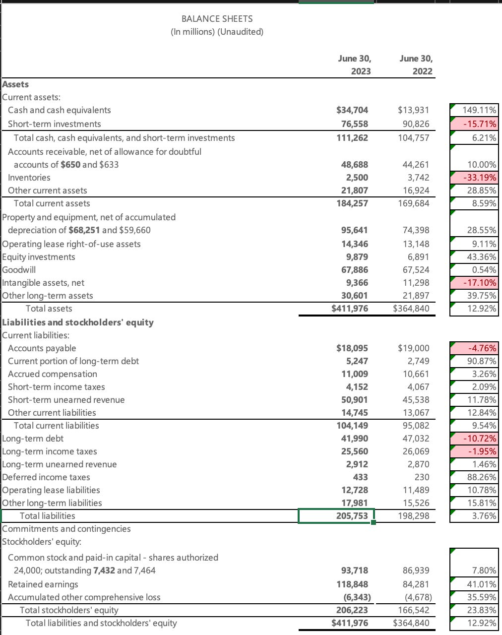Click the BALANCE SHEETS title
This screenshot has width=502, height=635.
[x=217, y=19]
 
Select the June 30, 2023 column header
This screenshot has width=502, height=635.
[x=354, y=64]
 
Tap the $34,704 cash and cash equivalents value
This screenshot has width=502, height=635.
[x=352, y=110]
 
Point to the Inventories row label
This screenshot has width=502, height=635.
[x=29, y=178]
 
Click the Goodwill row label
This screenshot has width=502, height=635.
[x=19, y=270]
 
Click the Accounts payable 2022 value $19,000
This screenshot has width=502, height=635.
[x=414, y=348]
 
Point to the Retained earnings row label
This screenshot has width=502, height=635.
[x=43, y=584]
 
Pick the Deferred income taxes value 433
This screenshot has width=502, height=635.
[x=360, y=477]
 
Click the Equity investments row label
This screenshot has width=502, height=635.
[x=39, y=257]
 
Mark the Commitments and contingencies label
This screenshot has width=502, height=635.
[x=66, y=529]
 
